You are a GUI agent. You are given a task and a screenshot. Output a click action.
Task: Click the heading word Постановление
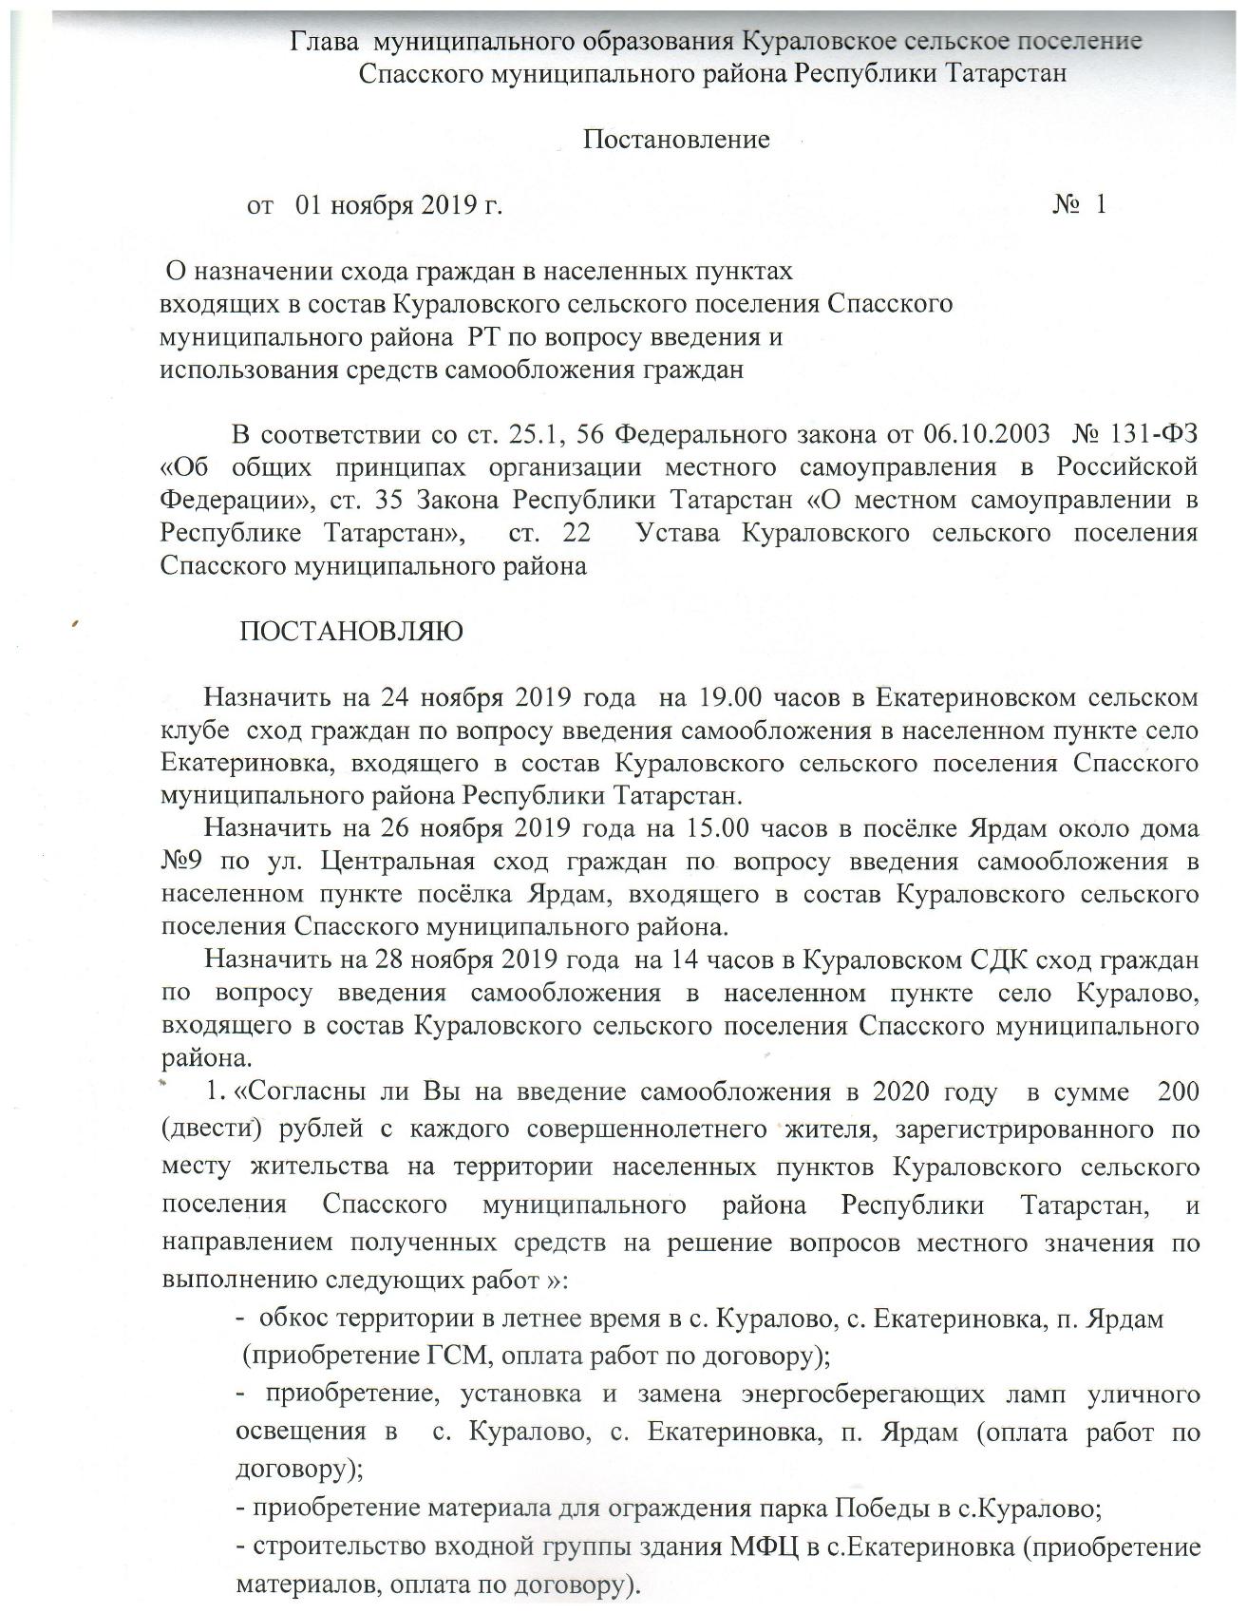pos(675,141)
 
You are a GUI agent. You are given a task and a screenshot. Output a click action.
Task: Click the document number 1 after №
pos(1100,204)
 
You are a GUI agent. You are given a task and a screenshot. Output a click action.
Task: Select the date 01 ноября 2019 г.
pos(399,205)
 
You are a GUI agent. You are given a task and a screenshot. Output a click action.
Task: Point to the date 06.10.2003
pos(987,435)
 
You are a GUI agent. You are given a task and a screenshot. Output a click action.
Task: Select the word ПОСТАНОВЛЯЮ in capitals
pos(351,632)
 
